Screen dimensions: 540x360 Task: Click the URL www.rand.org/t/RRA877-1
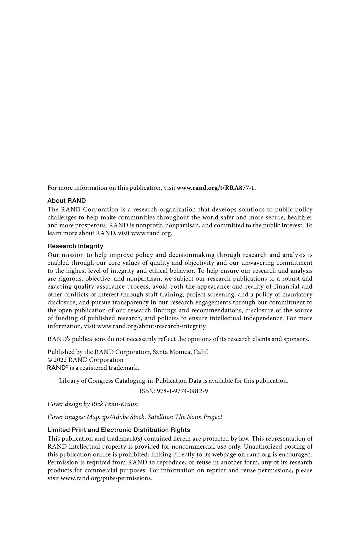coord(216,188)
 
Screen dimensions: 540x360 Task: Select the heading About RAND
coord(67,201)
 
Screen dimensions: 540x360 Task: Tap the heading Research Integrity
coord(75,246)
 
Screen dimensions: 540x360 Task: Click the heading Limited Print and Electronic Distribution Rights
coord(119,430)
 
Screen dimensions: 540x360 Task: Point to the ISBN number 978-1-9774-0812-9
coord(182,391)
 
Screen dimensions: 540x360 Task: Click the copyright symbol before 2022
coord(50,360)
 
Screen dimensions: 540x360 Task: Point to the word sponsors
coord(297,339)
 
